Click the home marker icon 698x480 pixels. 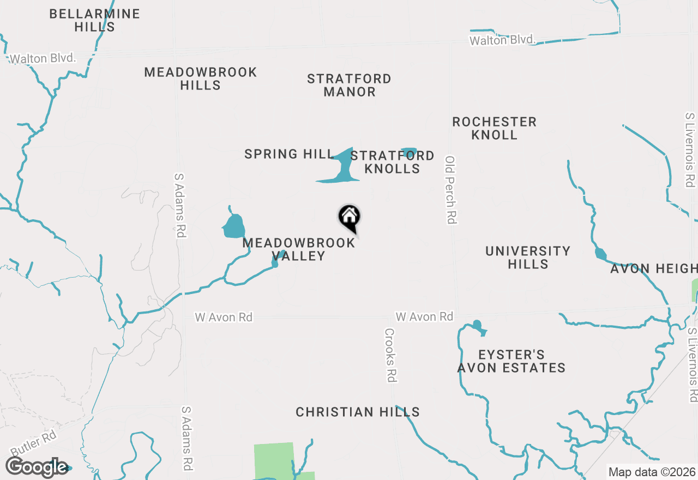click(350, 217)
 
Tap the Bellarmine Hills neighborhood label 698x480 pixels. click(94, 20)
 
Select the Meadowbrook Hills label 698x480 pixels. click(200, 79)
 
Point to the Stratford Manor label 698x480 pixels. click(349, 85)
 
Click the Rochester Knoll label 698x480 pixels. click(494, 128)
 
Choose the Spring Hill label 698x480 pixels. click(289, 154)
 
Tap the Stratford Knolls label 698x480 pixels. click(392, 162)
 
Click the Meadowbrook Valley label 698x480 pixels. click(299, 249)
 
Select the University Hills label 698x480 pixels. click(528, 257)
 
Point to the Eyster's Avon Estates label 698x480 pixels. click(511, 362)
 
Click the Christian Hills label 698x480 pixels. click(358, 412)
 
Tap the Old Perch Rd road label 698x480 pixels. click(451, 189)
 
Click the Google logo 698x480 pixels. click(37, 467)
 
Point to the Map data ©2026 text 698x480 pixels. click(651, 472)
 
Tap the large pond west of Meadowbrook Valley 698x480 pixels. click(234, 226)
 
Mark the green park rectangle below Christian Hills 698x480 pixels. click(274, 461)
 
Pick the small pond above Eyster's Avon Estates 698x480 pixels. click(478, 326)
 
